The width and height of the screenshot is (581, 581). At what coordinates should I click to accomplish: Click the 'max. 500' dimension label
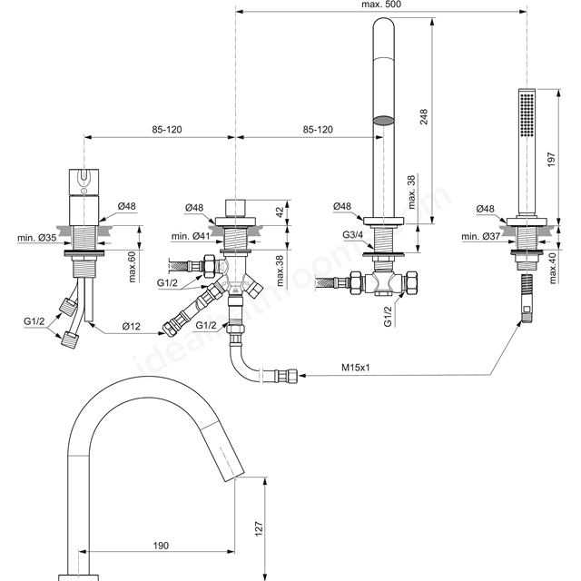point(381,5)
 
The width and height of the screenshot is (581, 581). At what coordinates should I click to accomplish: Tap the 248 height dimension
point(424,117)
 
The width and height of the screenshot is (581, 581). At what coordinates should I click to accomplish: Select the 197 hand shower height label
point(551,159)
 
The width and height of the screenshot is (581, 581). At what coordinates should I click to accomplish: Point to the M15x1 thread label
point(356,368)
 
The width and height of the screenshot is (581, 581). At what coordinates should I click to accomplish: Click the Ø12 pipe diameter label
point(132,326)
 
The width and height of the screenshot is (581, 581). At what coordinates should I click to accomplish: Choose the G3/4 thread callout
point(353,235)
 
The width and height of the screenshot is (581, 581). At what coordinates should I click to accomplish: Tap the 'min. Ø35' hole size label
point(37,238)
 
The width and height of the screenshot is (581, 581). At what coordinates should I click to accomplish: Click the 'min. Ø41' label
point(191,236)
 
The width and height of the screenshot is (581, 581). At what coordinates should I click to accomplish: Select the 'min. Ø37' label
point(481,236)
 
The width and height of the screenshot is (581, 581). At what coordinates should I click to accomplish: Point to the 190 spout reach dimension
point(161,546)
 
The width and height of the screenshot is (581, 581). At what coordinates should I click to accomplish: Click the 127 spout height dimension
point(259,528)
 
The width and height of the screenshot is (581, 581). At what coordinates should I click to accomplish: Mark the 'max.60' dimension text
point(133,266)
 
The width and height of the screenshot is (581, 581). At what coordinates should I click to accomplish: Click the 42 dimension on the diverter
point(280,212)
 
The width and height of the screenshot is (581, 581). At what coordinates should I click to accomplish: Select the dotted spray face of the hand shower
point(527,115)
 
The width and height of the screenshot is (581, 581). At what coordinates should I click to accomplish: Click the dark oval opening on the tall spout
point(383,120)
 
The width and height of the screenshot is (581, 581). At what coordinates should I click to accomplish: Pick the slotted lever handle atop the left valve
point(84,182)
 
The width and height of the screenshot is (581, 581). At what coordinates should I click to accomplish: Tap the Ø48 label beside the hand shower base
point(485,209)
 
